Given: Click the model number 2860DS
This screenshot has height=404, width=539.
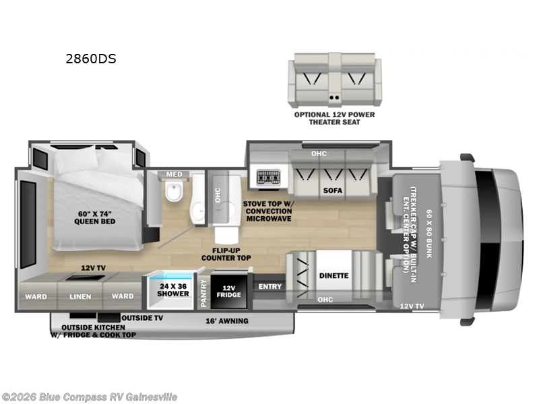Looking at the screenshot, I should [x=90, y=59].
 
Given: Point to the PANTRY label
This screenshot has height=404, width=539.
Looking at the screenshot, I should [x=203, y=295].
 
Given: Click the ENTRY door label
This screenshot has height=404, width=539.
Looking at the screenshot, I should [x=269, y=288].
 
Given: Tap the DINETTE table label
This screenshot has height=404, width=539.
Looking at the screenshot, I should [x=334, y=275].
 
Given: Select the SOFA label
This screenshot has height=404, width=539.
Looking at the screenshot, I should [x=332, y=191].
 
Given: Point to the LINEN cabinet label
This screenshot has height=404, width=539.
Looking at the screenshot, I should [x=81, y=296].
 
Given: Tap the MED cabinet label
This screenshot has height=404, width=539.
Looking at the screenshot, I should [x=174, y=175].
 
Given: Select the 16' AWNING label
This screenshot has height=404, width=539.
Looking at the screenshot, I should [x=226, y=321].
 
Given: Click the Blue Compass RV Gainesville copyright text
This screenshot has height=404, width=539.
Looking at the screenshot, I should [x=90, y=397].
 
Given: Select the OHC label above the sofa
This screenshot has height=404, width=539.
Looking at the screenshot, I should [x=319, y=154].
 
